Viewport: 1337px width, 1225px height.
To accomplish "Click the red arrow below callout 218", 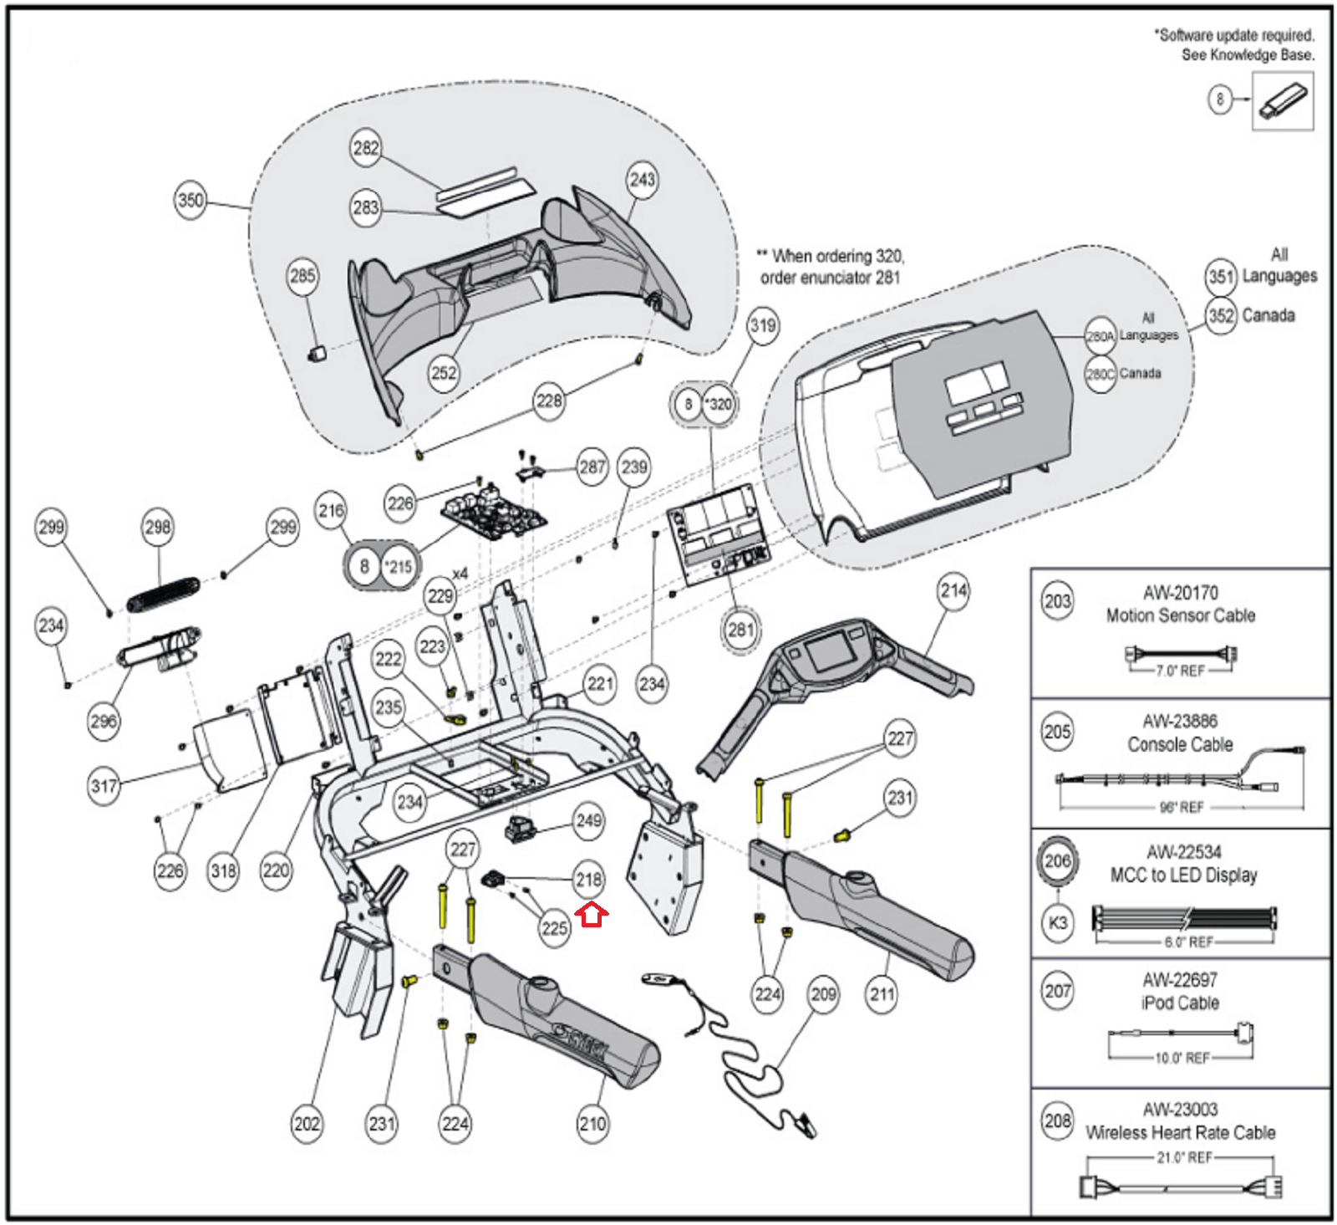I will [592, 916].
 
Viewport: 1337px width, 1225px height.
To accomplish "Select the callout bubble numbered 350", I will [191, 201].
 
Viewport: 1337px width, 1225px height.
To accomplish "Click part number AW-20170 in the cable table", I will [1180, 593].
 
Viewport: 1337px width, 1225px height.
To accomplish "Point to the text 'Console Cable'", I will [1180, 744].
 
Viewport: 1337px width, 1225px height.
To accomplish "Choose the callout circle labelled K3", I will [1057, 922].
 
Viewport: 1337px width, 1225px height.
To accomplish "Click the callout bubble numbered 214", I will [953, 591].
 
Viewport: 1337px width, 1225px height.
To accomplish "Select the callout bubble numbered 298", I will [158, 527].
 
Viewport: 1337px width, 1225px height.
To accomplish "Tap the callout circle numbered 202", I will [307, 1123].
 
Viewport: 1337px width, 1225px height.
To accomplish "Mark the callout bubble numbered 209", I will [823, 994].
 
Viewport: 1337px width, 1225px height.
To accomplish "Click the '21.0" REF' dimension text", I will [1181, 1158].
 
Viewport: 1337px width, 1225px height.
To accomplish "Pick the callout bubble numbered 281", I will [740, 629].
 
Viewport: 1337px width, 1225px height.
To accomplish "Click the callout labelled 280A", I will [1100, 336].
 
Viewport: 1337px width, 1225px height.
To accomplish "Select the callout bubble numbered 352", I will [1221, 316].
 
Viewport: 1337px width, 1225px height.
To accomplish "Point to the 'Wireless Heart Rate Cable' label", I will [1180, 1132].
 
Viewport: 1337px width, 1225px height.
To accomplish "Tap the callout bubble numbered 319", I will [762, 325].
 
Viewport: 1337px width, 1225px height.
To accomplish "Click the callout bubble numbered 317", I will [104, 786].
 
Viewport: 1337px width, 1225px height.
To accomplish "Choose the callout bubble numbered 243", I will [642, 179].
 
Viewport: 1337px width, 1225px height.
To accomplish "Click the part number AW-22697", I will [1180, 979].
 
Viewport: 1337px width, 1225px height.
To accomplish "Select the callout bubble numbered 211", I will [882, 994].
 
